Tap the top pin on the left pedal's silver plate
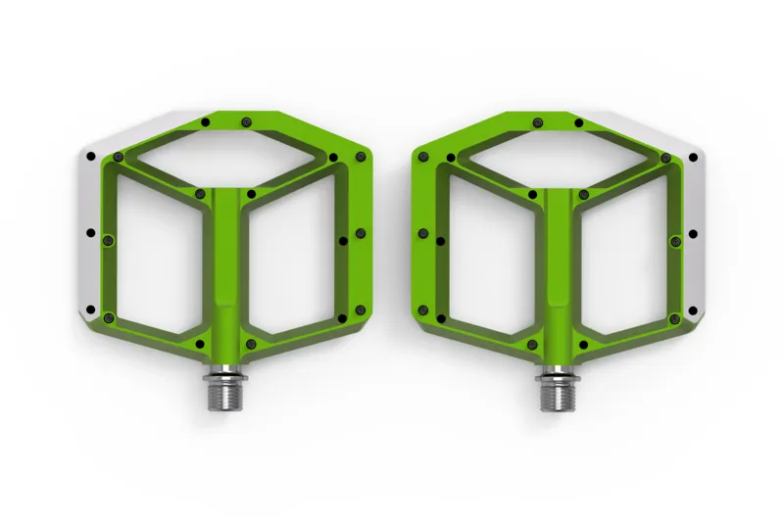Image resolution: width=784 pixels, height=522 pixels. (x=90, y=156)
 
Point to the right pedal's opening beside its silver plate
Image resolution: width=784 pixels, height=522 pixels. (x=626, y=255)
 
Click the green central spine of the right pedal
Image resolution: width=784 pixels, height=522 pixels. (x=558, y=264)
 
